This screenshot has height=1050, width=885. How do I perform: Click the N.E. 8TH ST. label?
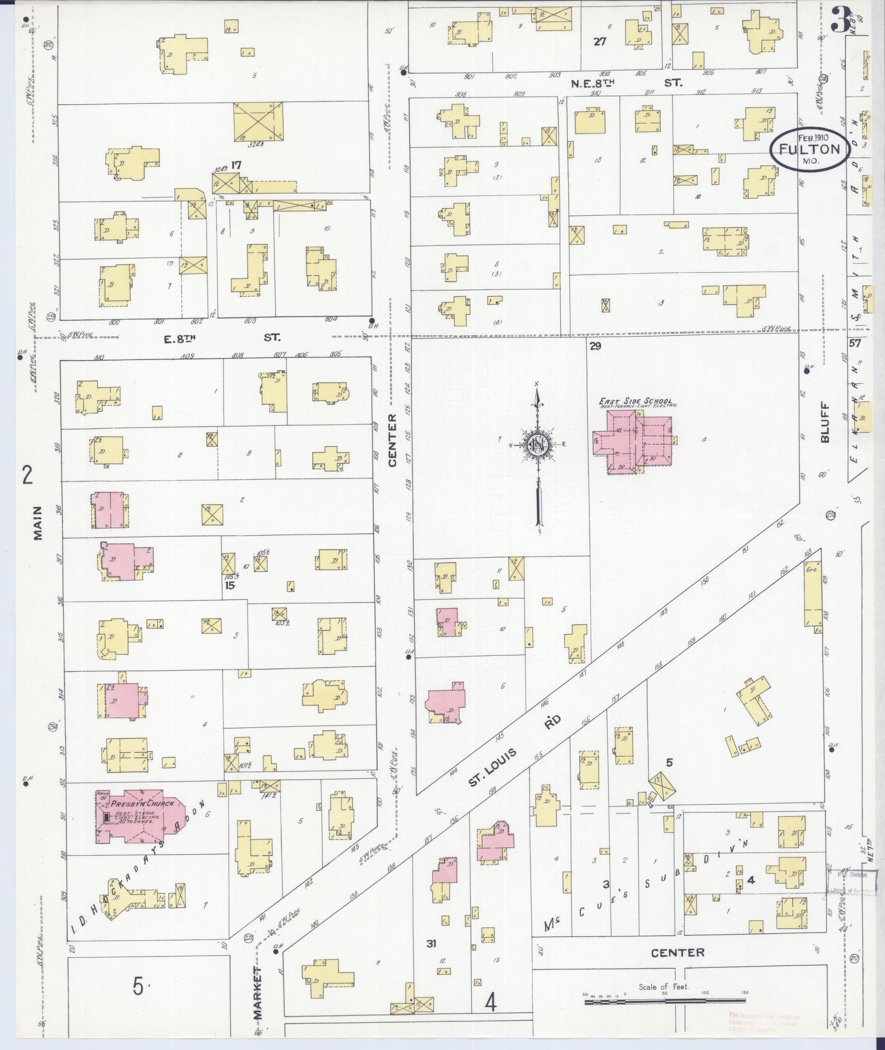coord(625,83)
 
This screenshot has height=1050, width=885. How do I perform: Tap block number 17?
coord(236,164)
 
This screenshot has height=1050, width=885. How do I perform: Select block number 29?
coord(596,346)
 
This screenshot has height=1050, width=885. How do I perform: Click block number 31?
coord(432,944)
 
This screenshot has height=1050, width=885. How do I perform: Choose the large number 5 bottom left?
coord(138,986)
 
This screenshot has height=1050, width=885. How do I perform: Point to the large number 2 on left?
coord(27,475)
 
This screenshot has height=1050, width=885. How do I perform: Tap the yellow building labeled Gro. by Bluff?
coord(812,595)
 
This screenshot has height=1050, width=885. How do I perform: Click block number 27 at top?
coord(600,41)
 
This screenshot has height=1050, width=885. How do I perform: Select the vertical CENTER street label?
coord(392,441)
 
